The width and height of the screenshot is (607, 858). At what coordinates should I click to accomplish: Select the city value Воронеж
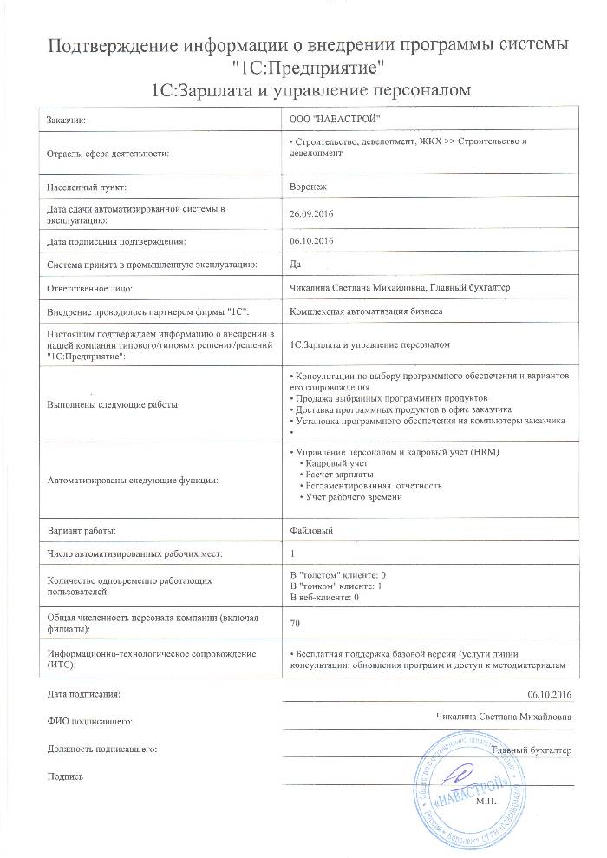[x=306, y=186]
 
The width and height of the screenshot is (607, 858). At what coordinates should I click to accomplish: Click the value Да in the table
[x=295, y=263]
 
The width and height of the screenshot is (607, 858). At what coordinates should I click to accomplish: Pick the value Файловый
[x=310, y=528]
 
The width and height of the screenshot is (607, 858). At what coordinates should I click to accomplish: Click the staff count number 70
[x=295, y=622]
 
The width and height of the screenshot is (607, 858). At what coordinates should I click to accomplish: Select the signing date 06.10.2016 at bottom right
[x=550, y=695]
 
